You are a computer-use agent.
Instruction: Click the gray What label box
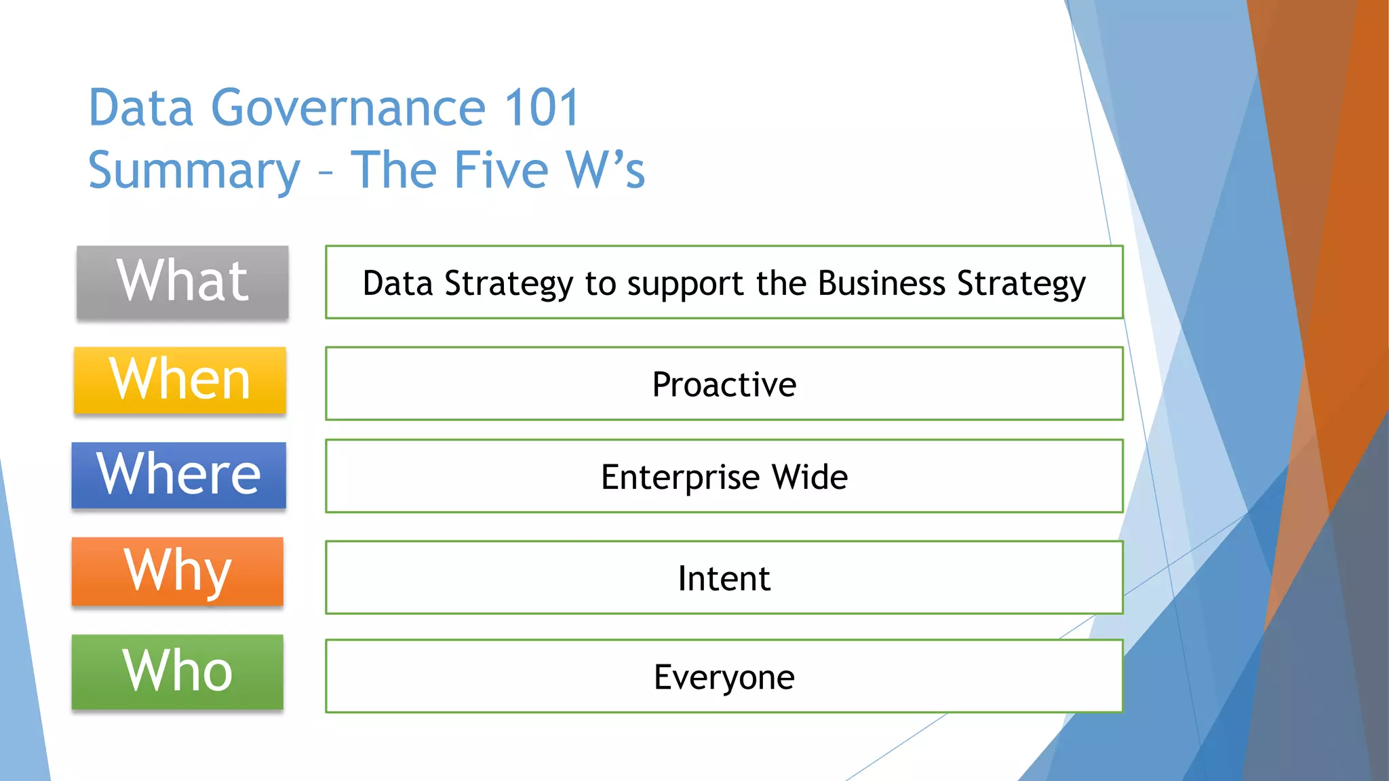pyautogui.click(x=182, y=282)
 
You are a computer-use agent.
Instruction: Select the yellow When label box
pyautogui.click(x=180, y=380)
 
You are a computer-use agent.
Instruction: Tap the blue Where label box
pyautogui.click(x=179, y=475)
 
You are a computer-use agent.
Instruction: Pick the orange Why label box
pyautogui.click(x=178, y=572)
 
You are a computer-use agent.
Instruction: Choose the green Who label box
pyautogui.click(x=178, y=672)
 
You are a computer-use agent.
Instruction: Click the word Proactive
pyautogui.click(x=724, y=384)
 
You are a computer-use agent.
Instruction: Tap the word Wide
pyautogui.click(x=810, y=477)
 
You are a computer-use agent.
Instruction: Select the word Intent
pyautogui.click(x=724, y=578)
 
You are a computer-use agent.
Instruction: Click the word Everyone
pyautogui.click(x=724, y=677)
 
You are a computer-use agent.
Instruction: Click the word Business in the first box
pyautogui.click(x=881, y=283)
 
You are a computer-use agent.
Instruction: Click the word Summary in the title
pyautogui.click(x=194, y=171)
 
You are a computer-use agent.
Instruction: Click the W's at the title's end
pyautogui.click(x=606, y=169)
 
